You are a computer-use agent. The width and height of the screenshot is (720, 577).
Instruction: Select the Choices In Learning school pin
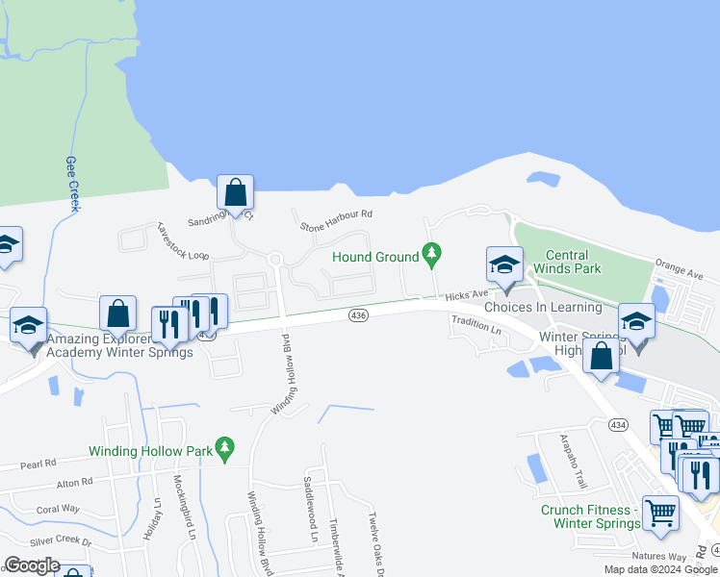(504, 265)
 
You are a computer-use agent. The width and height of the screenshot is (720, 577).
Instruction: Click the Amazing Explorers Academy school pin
(29, 326)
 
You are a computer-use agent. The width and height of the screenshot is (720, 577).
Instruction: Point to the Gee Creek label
(72, 184)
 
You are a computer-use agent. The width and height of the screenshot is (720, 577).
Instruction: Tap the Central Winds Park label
(574, 262)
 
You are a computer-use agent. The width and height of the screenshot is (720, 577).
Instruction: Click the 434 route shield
(617, 424)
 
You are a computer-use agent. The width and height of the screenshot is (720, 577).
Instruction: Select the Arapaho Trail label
(574, 460)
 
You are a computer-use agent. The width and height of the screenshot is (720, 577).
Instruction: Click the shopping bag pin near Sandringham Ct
(235, 192)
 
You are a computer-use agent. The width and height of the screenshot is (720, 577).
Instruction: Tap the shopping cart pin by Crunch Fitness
(660, 513)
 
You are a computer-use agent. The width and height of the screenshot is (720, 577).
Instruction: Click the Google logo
(32, 564)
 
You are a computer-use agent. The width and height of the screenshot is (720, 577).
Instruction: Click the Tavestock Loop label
(183, 242)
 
